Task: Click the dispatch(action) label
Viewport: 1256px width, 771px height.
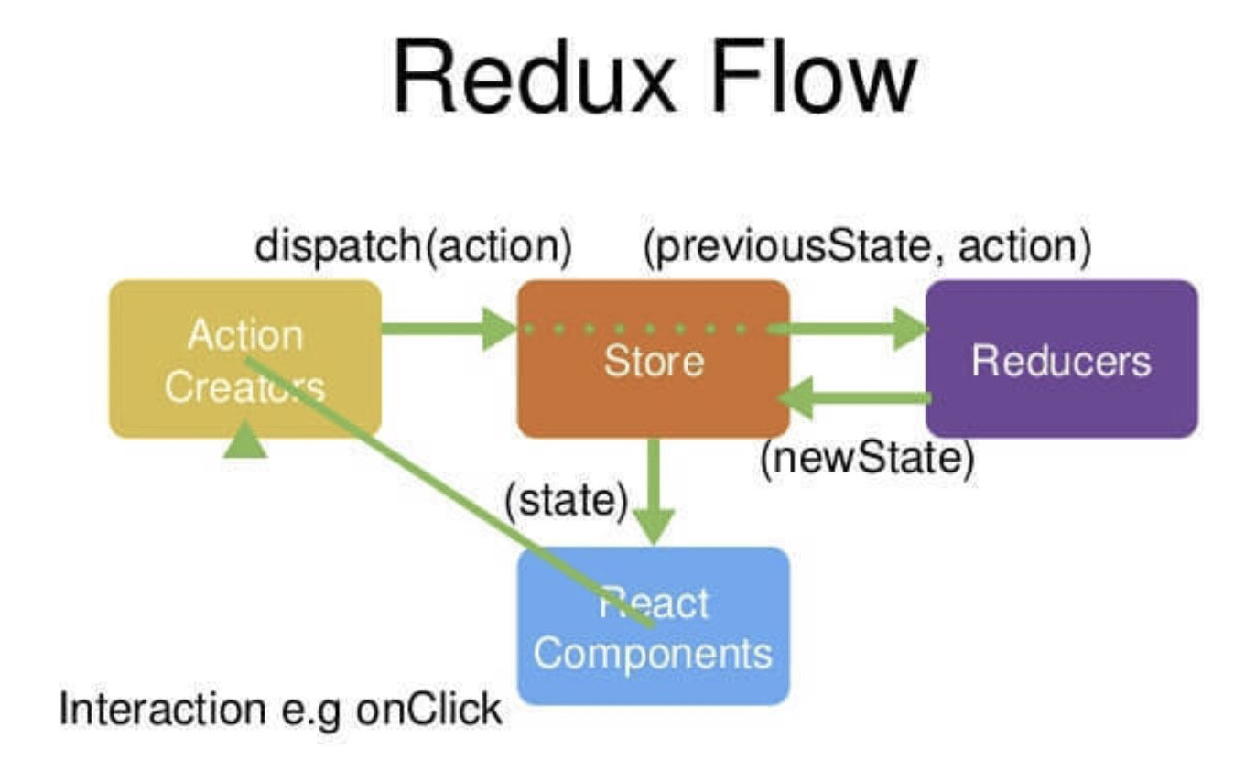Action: coord(414,247)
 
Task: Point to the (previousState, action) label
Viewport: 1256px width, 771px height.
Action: coord(867,248)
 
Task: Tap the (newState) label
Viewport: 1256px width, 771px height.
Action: coord(867,459)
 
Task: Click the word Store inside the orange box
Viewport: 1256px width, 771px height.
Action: coord(654,361)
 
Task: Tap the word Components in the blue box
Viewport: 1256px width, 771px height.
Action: coord(654,655)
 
